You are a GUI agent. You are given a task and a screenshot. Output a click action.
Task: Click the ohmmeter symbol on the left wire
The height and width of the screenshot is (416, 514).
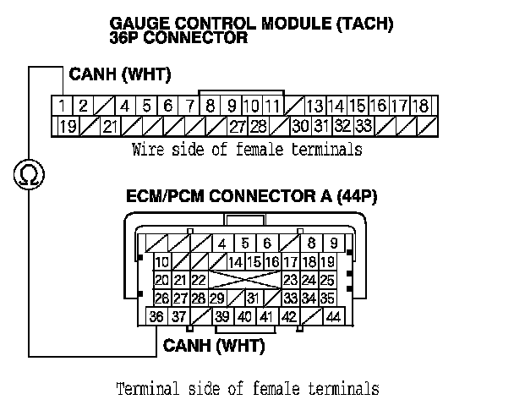[x=28, y=176]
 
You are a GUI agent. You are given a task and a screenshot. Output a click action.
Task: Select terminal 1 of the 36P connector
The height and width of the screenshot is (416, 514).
[x=63, y=107]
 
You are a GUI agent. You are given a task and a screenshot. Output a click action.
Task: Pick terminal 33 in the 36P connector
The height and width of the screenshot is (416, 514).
[x=364, y=127]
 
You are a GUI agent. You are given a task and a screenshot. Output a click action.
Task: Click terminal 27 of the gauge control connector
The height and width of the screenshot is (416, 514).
[x=237, y=127]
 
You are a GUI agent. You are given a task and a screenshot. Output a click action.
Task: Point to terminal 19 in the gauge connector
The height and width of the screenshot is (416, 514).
[x=66, y=127]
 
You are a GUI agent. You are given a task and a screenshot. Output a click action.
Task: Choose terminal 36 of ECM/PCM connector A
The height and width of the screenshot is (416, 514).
[x=156, y=317]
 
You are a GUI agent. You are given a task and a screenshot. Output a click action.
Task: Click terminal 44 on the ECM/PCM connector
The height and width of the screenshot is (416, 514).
[x=332, y=317]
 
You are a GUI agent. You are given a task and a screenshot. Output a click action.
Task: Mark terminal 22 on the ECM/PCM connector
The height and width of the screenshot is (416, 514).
[x=200, y=280]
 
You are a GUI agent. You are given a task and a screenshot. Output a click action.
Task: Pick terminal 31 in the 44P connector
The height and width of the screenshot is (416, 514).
[x=252, y=298]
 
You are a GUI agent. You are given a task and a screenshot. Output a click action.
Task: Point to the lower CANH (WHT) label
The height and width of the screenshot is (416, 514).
[x=214, y=346]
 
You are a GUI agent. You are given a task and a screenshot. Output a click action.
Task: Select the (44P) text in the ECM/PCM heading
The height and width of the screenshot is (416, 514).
[x=357, y=197]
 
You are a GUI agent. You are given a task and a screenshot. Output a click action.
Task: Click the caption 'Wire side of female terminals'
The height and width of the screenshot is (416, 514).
[x=247, y=151]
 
